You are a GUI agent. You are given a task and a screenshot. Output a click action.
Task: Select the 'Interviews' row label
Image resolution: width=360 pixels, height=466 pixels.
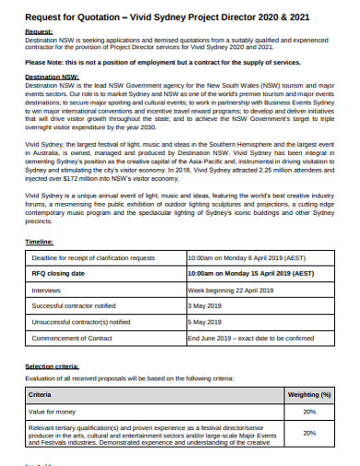pyautogui.click(x=48, y=288)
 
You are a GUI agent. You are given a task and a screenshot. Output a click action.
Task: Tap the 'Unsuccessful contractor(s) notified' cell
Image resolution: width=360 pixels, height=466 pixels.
pyautogui.click(x=81, y=321)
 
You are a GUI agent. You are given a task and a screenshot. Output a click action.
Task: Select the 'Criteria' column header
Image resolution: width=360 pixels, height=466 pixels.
pyautogui.click(x=42, y=394)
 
